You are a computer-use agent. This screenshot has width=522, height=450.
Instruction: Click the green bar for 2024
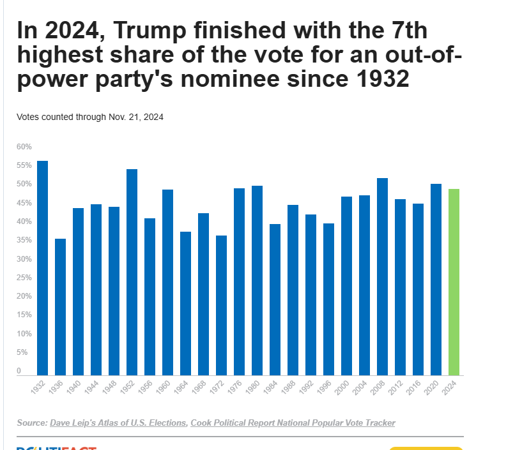pyautogui.click(x=454, y=281)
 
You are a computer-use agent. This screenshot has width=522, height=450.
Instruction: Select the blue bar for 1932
pyautogui.click(x=42, y=267)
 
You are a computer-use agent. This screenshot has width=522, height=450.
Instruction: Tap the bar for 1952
pyautogui.click(x=132, y=272)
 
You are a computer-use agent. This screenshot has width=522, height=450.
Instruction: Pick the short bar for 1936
pyautogui.click(x=60, y=306)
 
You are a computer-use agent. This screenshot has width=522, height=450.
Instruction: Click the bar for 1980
pyautogui.click(x=257, y=280)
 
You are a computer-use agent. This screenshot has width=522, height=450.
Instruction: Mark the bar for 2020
pyautogui.click(x=436, y=279)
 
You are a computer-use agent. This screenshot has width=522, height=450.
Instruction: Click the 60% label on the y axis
pyautogui.click(x=24, y=147)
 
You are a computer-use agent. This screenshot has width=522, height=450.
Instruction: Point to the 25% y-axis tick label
pyautogui.click(x=24, y=278)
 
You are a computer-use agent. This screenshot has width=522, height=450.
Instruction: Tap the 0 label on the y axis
pyautogui.click(x=19, y=371)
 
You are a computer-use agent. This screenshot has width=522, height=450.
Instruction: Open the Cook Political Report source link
pyautogui.click(x=293, y=423)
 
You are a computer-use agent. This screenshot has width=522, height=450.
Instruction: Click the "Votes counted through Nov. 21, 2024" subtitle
pyautogui.click(x=90, y=117)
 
